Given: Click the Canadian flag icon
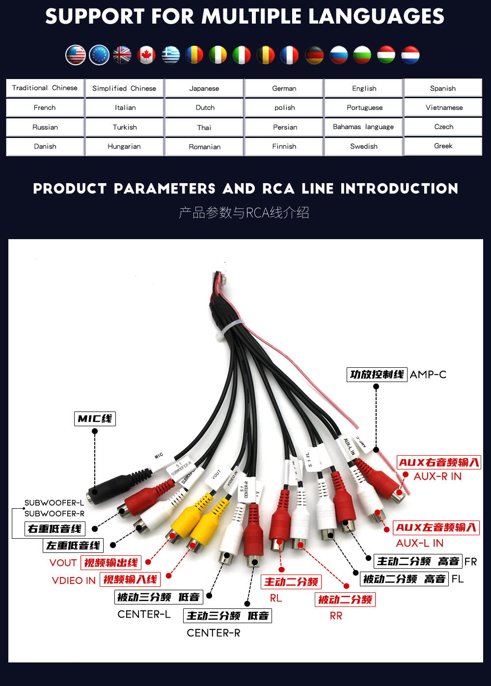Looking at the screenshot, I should (x=146, y=55).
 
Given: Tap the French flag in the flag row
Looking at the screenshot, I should (x=289, y=55).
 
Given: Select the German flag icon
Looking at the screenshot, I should (x=314, y=55).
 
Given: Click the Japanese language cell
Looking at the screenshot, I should (x=204, y=88).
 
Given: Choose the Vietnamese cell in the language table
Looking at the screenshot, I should (x=444, y=108).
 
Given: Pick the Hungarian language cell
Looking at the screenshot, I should (x=124, y=146).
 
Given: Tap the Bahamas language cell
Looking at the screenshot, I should (x=363, y=127).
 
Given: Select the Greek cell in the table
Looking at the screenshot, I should (x=443, y=146).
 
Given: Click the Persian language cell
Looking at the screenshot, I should (x=285, y=127).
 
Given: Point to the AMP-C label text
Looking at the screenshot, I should (x=428, y=375).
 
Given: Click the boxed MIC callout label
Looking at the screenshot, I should (x=95, y=419).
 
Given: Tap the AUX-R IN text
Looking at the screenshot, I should (x=437, y=476).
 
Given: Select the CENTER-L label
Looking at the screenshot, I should (x=144, y=614).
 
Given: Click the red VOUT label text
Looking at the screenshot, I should (x=63, y=563).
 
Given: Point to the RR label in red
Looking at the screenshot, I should (x=336, y=616).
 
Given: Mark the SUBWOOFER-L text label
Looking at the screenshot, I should (x=54, y=503).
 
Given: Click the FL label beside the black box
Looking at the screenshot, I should (x=458, y=579).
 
